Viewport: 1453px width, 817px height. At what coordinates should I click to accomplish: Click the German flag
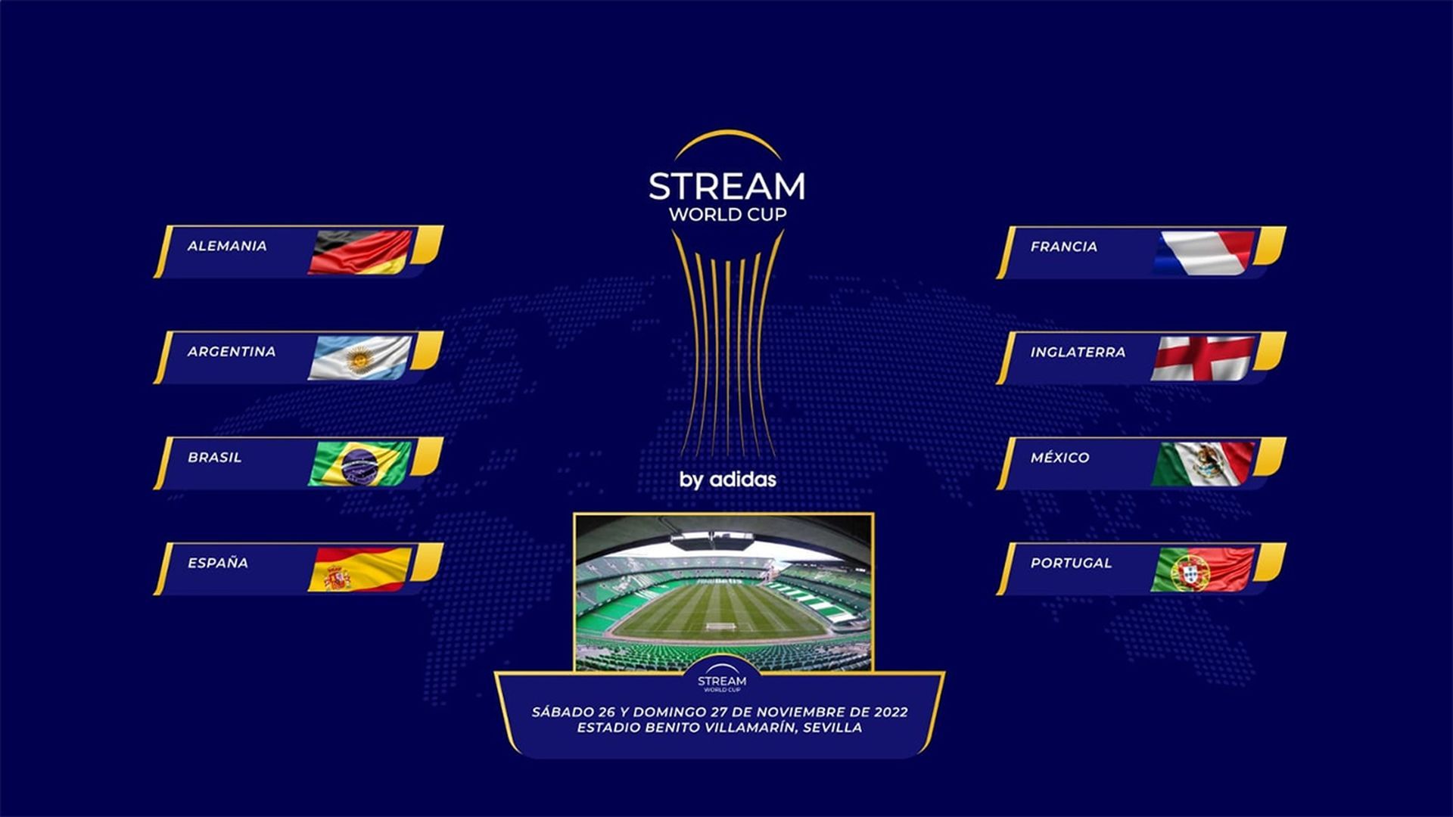(360, 251)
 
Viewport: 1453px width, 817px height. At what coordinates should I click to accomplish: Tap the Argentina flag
(360, 357)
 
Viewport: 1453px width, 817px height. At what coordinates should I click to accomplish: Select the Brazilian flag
(360, 463)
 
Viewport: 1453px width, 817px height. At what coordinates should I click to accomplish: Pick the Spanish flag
(360, 569)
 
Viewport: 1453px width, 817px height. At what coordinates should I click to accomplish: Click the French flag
(1203, 252)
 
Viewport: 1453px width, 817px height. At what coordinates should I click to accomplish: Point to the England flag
(1203, 358)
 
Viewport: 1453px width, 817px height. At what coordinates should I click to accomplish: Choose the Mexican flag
(1203, 463)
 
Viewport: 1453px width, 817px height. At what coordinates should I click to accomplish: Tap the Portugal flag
(1203, 569)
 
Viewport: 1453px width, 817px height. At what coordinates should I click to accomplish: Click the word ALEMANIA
(227, 246)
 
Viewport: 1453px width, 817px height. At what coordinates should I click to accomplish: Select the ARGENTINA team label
(232, 352)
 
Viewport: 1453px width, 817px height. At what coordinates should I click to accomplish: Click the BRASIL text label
(215, 458)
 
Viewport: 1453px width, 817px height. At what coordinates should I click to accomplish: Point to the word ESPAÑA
(218, 563)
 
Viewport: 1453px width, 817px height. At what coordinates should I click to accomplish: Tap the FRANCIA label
(1063, 247)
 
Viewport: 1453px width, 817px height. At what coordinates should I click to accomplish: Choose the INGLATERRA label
(1078, 353)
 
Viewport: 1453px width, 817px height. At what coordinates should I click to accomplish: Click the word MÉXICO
(1059, 458)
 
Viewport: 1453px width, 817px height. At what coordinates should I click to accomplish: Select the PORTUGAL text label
(1071, 563)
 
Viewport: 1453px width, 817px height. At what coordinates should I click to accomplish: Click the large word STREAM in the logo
(726, 186)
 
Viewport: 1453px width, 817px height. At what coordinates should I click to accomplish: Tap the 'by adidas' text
(727, 480)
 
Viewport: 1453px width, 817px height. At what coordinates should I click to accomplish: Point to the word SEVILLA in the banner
(832, 728)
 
